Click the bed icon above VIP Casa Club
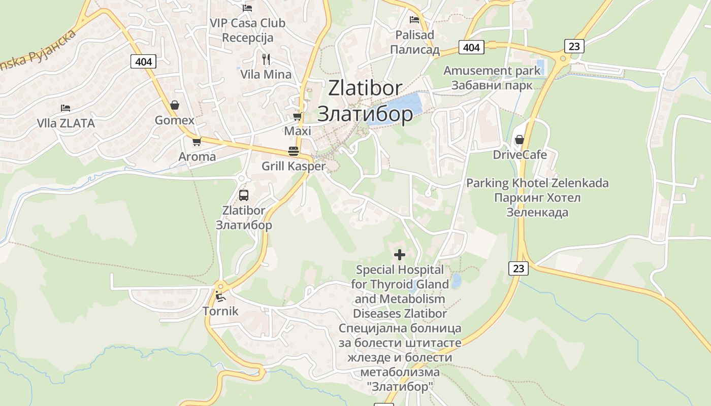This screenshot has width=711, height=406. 247,8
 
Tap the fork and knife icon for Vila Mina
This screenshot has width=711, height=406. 266,59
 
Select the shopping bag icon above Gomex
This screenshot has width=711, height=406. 175,105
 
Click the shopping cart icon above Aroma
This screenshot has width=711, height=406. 197,142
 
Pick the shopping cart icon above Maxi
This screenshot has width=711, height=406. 298,116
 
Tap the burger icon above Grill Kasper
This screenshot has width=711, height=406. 294,151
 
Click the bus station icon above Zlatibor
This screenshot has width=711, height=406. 244,195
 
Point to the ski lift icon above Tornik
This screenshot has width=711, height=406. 220,296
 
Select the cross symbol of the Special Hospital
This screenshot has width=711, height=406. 400,254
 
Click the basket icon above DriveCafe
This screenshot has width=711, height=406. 520,139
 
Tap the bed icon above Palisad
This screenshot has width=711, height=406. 415,20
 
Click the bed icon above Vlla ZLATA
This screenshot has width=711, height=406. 66,108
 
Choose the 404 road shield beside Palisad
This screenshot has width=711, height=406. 471,47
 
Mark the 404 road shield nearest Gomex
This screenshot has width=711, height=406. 144,62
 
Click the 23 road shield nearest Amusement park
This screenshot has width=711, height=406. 574,46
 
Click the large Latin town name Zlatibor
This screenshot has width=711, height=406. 365,88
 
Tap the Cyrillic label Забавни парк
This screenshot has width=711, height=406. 492,85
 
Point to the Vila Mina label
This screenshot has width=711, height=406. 266,75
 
